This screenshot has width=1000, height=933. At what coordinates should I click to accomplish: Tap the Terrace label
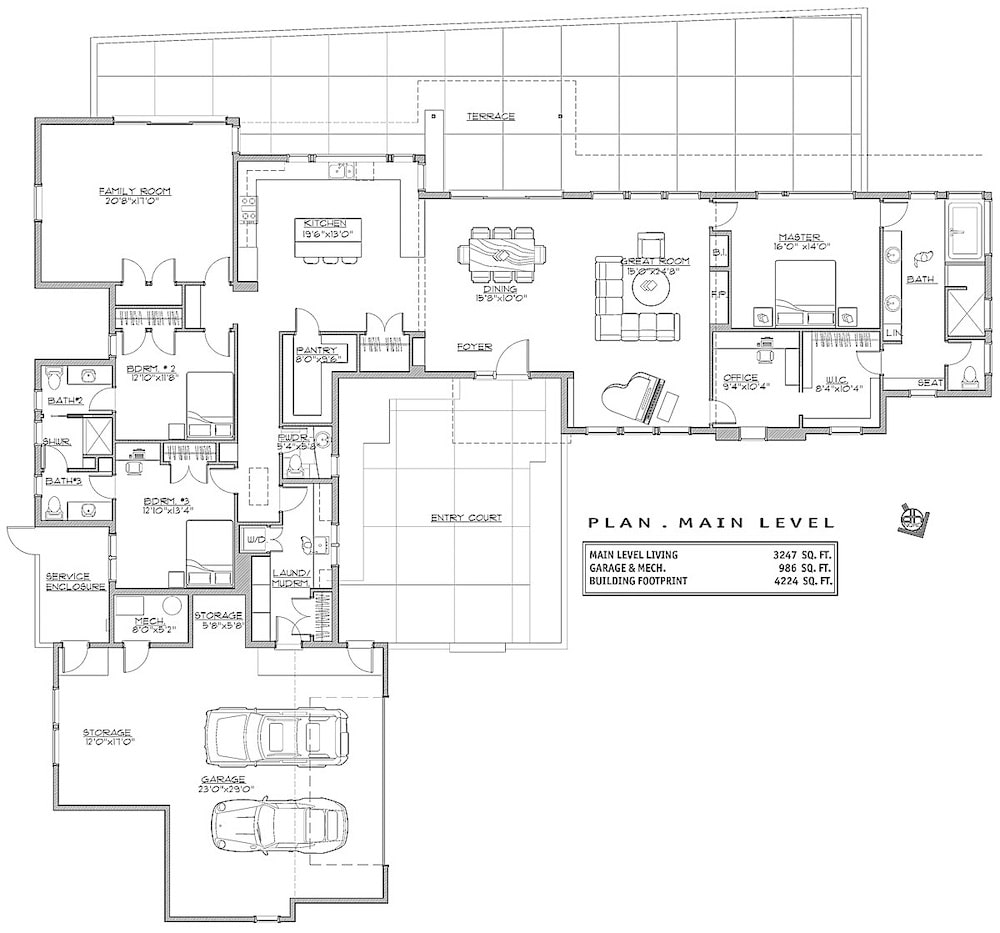pyautogui.click(x=490, y=116)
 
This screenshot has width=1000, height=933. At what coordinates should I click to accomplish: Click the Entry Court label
pyautogui.click(x=466, y=518)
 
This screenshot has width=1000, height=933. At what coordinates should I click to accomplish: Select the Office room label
pyautogui.click(x=740, y=378)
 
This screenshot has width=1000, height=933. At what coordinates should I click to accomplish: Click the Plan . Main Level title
pyautogui.click(x=710, y=522)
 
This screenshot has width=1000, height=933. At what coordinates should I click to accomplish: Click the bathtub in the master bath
pyautogui.click(x=966, y=229)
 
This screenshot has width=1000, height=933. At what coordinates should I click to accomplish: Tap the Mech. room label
pyautogui.click(x=135, y=621)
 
